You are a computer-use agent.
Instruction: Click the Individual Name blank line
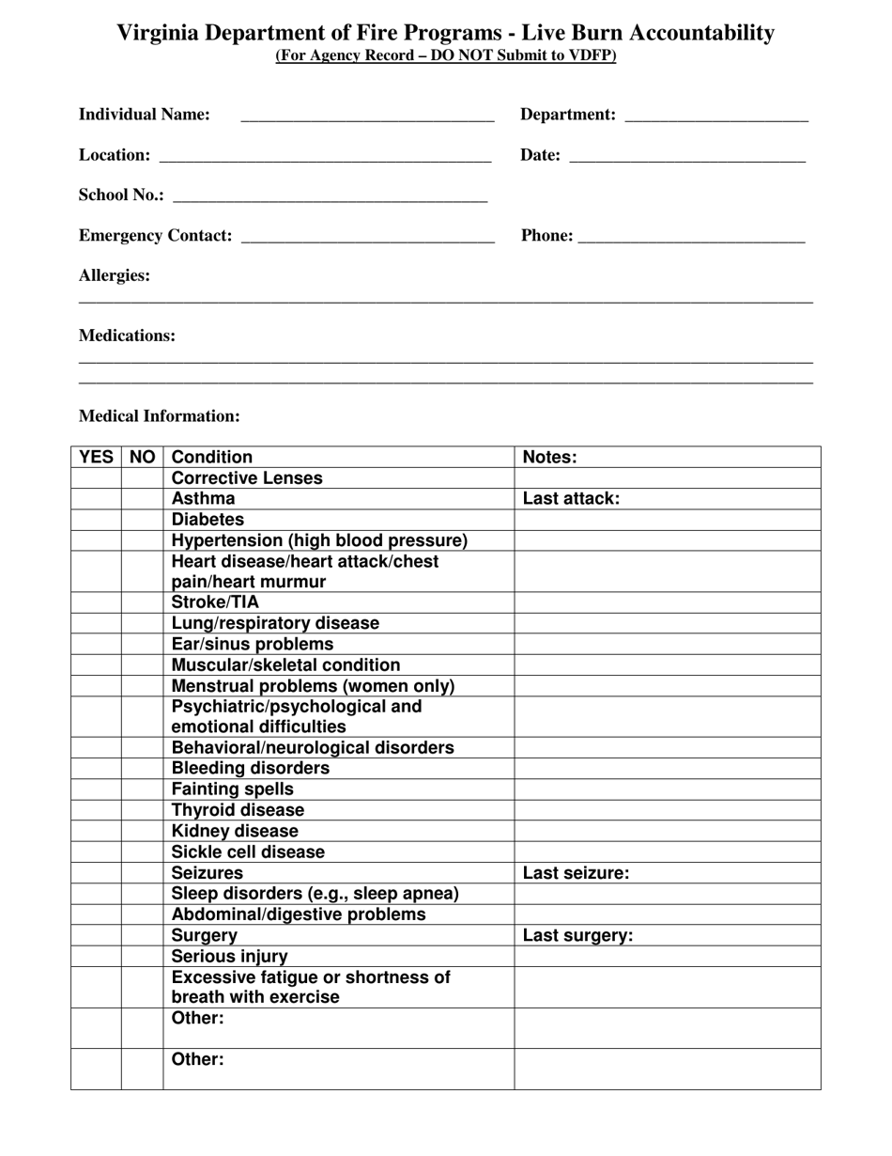pos(367,117)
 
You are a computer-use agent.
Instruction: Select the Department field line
pos(715,117)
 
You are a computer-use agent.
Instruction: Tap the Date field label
pos(540,155)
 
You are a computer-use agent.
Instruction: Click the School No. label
pos(121,195)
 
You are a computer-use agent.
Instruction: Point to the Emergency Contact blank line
pos(367,237)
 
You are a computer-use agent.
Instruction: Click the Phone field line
pos(691,237)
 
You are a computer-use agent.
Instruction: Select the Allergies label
pos(115,275)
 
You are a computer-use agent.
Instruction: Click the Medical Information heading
pos(160,415)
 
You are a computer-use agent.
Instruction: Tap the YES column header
pos(96,458)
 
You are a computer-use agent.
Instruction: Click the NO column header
pos(142,458)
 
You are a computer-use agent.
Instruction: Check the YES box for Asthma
pos(96,499)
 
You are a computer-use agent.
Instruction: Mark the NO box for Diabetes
pos(142,520)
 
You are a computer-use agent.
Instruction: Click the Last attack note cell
pos(667,499)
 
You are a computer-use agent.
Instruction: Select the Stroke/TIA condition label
pos(215,602)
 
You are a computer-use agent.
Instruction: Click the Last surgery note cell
pos(667,935)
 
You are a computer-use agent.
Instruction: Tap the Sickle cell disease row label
pos(248,852)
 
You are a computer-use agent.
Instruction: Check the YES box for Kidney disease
pos(96,832)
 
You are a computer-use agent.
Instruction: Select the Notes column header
pos(549,458)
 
